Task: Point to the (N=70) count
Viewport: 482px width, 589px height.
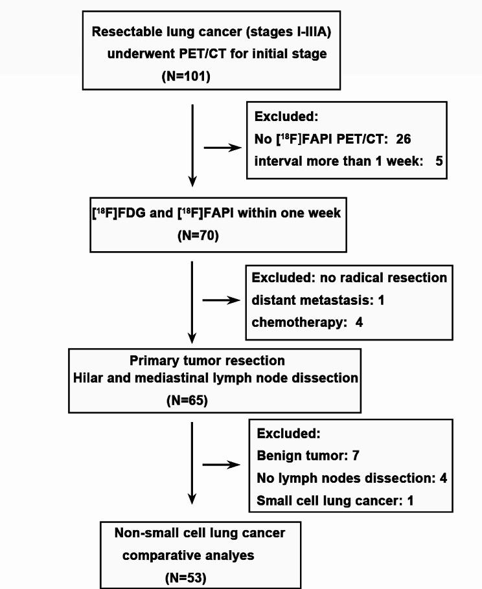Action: click(x=198, y=236)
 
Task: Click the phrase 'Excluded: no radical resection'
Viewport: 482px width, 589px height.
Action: click(x=349, y=278)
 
